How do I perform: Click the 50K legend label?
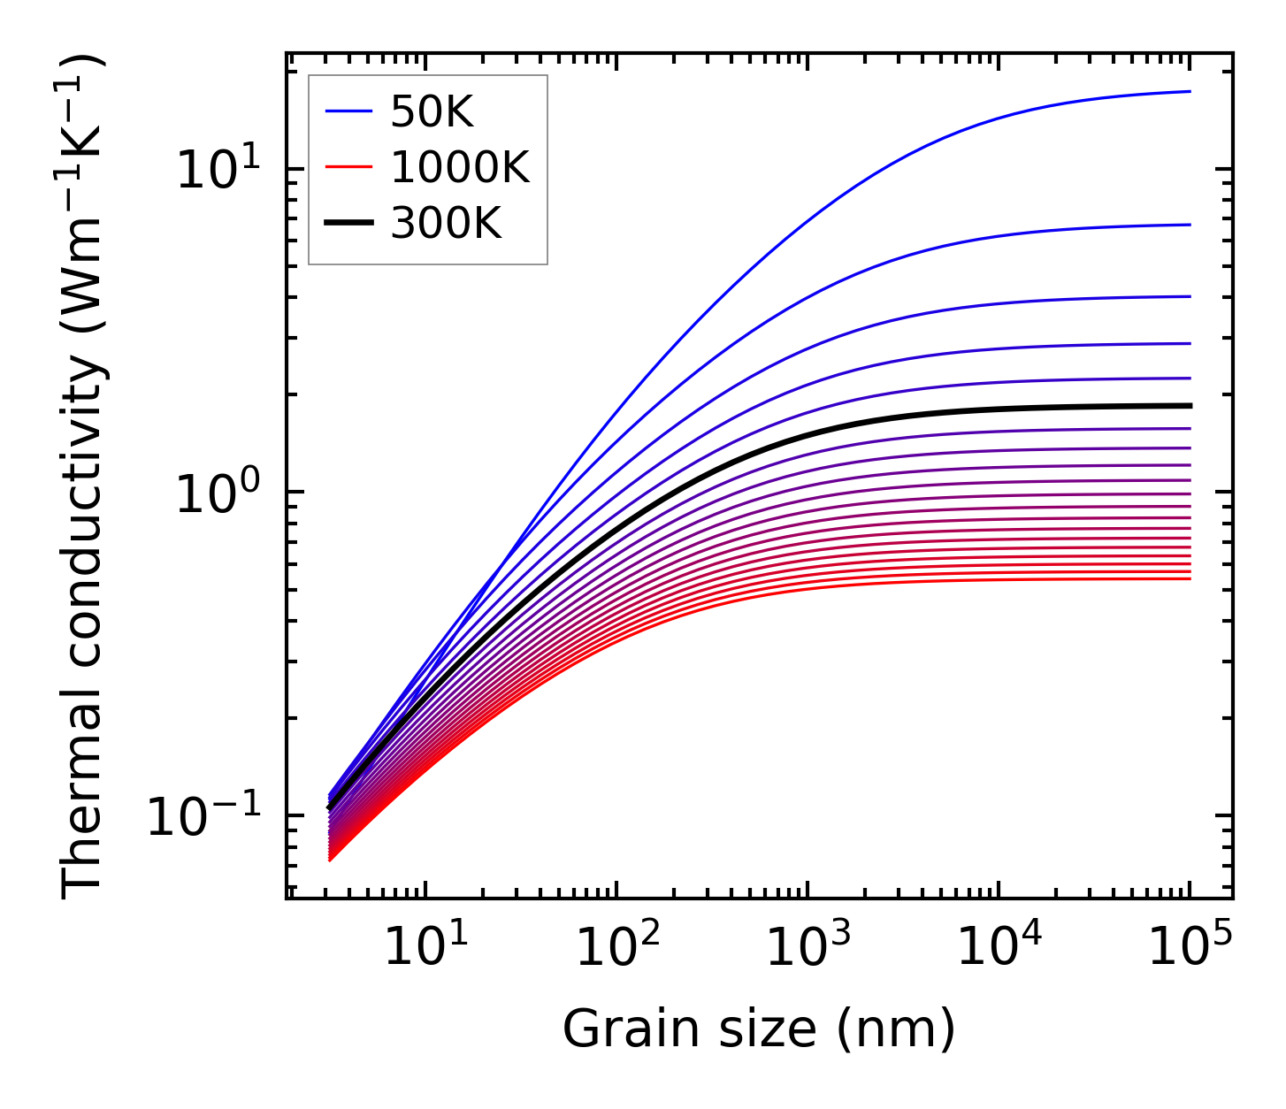click(x=432, y=112)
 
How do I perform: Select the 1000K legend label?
click(x=460, y=168)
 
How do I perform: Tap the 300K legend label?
click(x=446, y=224)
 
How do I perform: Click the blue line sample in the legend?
click(x=348, y=112)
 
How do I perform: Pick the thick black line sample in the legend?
click(x=348, y=224)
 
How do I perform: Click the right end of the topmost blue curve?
click(x=1190, y=92)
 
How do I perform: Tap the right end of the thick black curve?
click(x=1190, y=406)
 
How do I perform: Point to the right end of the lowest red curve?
click(x=1190, y=578)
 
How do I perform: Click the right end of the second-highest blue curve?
click(x=1190, y=225)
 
